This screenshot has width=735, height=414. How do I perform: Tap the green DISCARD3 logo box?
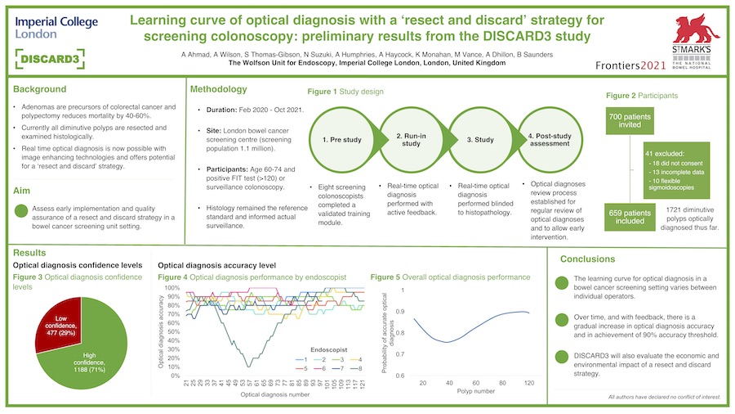[50, 59]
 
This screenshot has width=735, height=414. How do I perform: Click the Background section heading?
[40, 88]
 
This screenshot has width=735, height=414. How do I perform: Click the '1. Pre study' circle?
[341, 141]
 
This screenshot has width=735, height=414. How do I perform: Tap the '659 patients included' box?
[630, 215]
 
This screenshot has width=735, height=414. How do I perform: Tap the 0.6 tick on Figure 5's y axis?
[398, 376]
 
